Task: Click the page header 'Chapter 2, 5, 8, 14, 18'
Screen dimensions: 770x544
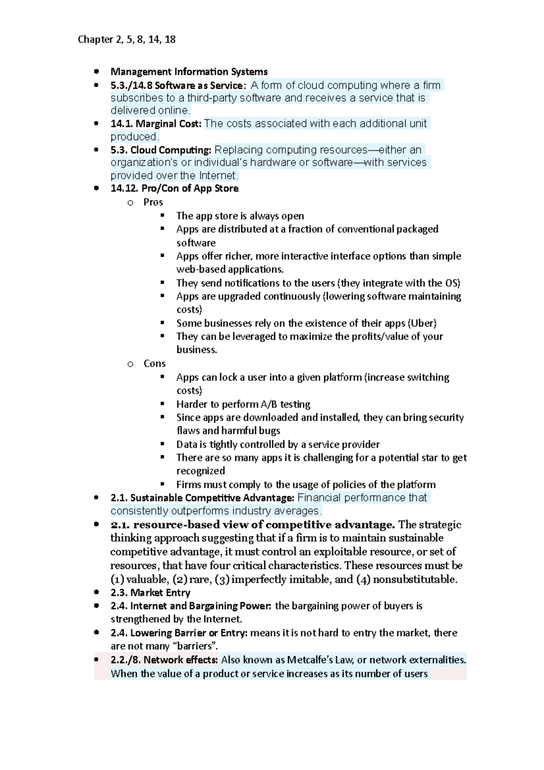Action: point(126,39)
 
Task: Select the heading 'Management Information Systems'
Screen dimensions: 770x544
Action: point(189,72)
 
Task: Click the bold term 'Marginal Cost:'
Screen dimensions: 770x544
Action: point(168,124)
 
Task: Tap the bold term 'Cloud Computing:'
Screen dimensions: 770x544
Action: point(171,150)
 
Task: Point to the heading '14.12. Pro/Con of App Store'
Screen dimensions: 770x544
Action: point(175,189)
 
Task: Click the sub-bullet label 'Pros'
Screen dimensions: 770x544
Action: point(153,202)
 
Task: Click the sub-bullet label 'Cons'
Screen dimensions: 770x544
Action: point(155,364)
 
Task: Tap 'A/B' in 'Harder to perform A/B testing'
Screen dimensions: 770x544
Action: point(269,404)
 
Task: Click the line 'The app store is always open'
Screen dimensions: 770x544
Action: point(240,216)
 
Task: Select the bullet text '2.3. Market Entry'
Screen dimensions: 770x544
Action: point(151,593)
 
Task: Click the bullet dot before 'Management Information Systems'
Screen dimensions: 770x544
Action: point(96,72)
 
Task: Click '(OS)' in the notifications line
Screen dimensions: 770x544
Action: point(452,283)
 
